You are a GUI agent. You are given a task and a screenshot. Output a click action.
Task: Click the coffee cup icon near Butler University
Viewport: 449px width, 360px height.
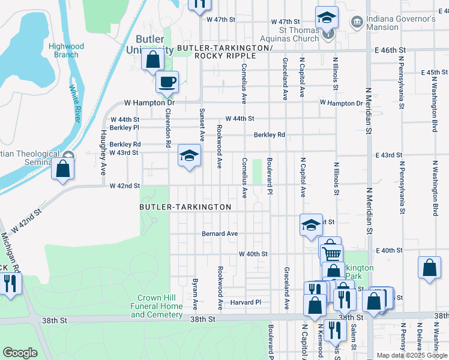[x=167, y=82]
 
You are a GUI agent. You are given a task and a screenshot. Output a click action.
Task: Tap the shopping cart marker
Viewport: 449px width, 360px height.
[x=331, y=253]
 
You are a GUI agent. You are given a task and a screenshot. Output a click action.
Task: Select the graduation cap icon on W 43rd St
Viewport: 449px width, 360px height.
[x=189, y=157]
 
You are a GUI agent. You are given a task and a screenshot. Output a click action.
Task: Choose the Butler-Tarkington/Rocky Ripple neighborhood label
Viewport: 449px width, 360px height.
[x=225, y=52]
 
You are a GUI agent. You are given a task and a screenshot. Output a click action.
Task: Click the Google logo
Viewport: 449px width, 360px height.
[x=20, y=353]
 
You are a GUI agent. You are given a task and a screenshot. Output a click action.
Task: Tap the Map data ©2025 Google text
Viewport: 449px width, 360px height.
[x=411, y=355]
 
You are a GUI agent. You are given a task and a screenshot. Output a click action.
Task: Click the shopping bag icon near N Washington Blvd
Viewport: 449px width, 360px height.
[x=430, y=269]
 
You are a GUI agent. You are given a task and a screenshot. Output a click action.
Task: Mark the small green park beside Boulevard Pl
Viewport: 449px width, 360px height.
[x=258, y=172]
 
